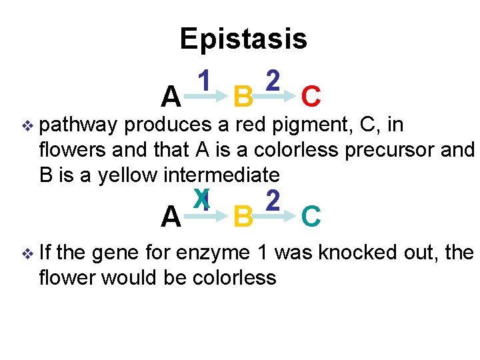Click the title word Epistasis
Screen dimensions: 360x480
pyautogui.click(x=243, y=39)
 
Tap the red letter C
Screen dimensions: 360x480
pyautogui.click(x=311, y=97)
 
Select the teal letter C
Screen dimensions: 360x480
pyautogui.click(x=311, y=217)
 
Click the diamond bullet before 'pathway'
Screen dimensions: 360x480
pyautogui.click(x=27, y=125)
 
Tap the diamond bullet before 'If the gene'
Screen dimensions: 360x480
pyautogui.click(x=27, y=253)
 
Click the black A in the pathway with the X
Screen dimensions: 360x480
pyautogui.click(x=171, y=217)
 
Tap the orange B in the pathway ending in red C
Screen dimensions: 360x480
pyautogui.click(x=243, y=97)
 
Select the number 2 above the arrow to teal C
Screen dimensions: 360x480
pyautogui.click(x=271, y=199)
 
